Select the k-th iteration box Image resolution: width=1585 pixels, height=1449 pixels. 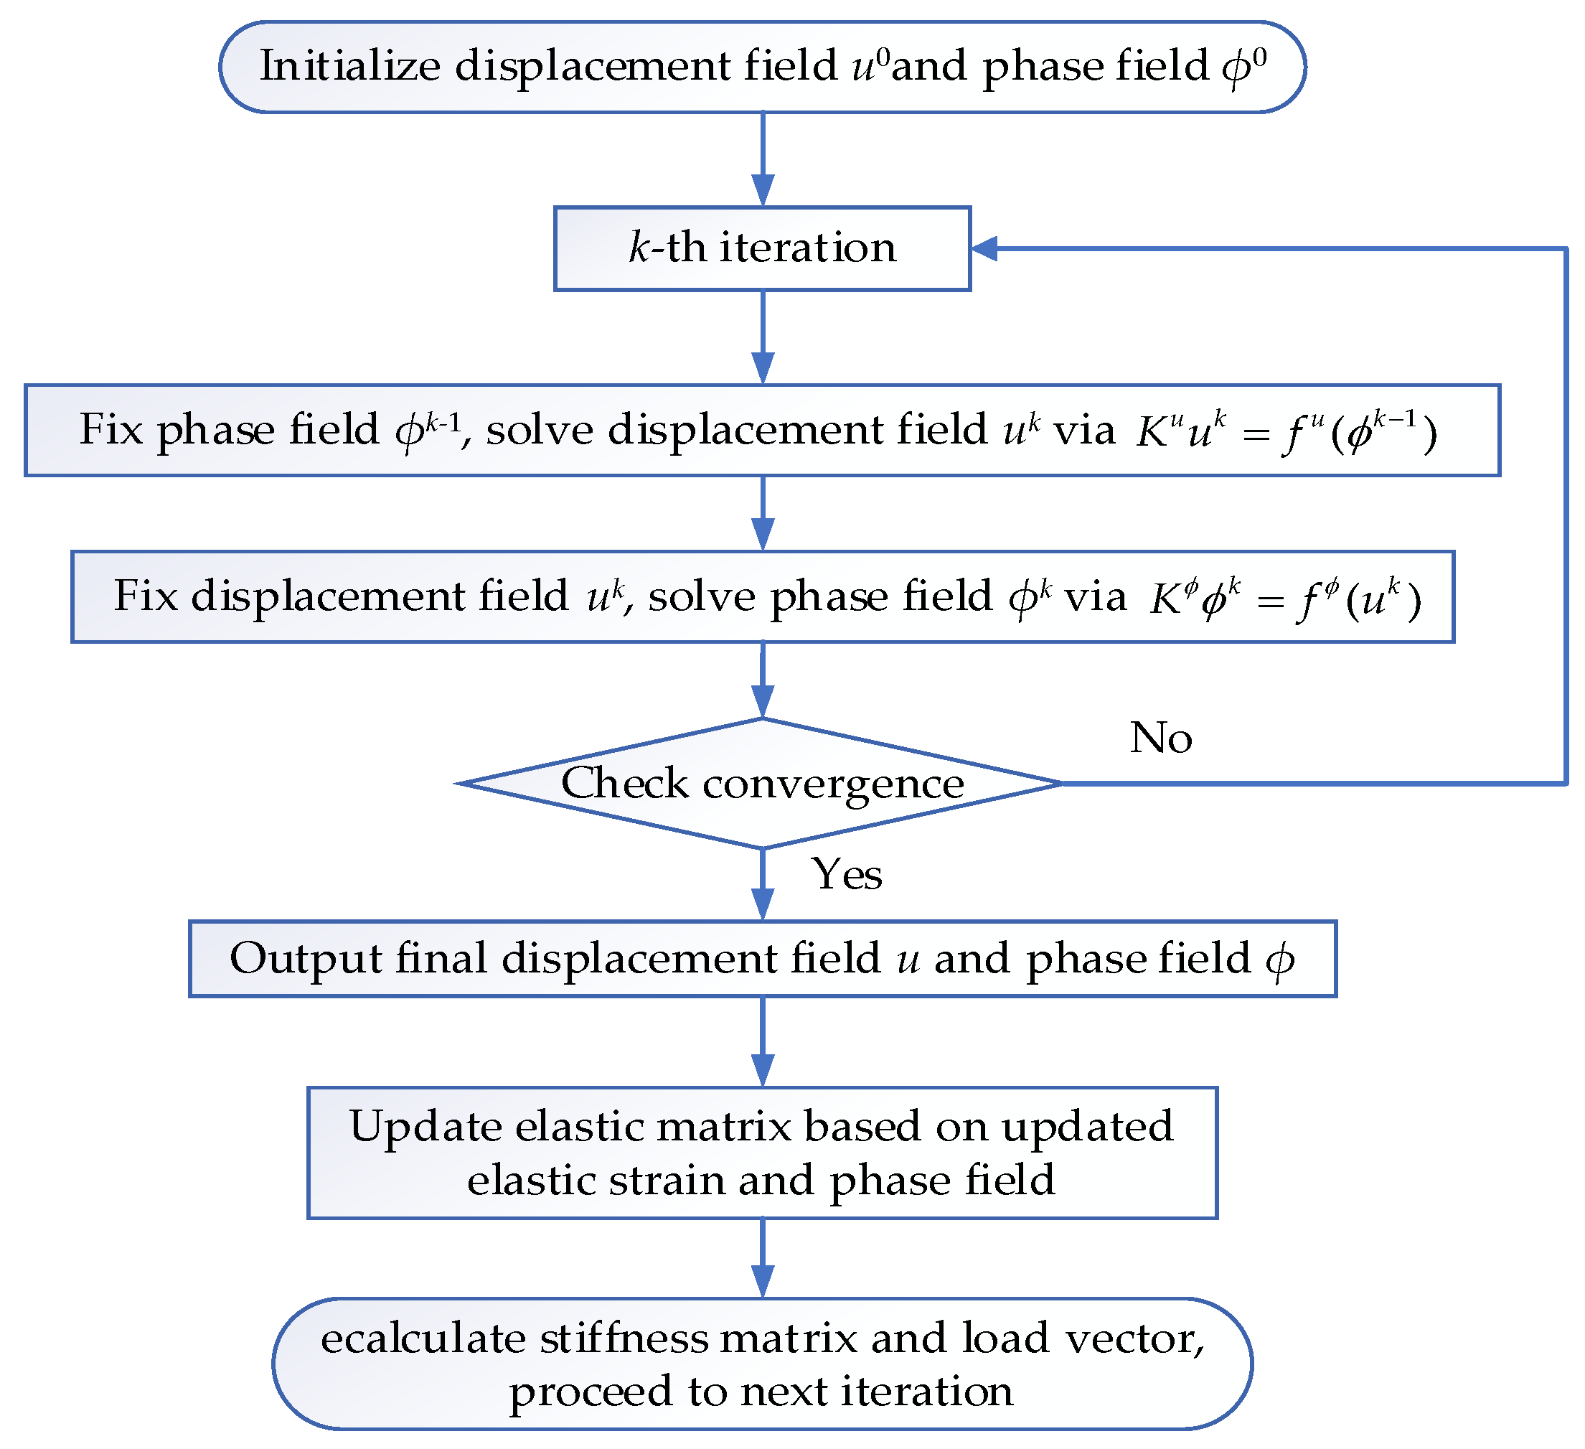tap(762, 248)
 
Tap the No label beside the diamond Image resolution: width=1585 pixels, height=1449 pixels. tap(1160, 738)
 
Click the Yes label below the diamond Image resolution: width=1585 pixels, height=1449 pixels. tap(846, 873)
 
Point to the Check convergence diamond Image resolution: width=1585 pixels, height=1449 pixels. tap(762, 784)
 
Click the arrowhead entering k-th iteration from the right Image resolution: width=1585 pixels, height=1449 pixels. tap(984, 248)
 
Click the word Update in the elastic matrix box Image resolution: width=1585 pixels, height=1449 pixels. tap(425, 1127)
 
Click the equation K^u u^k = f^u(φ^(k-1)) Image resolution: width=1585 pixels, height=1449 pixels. tap(1287, 431)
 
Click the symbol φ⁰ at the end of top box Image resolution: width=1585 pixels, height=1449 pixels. tap(1243, 67)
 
